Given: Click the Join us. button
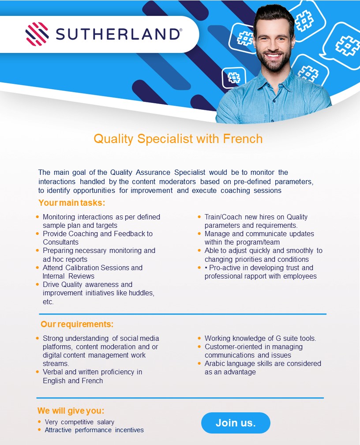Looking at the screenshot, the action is (236, 422).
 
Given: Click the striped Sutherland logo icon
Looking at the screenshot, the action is (37, 34).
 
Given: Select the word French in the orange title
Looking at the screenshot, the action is (243, 139).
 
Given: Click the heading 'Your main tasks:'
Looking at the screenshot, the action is (72, 203).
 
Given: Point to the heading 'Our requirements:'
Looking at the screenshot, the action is (77, 324).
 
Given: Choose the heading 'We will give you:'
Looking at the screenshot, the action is (71, 411).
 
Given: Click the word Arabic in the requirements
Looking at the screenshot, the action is (215, 364).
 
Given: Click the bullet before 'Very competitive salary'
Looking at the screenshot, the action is (39, 422).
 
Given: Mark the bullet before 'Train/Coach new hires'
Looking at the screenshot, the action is (199, 217).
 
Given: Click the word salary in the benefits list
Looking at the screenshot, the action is (105, 422).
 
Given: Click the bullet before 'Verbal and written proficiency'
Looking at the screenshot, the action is (37, 372).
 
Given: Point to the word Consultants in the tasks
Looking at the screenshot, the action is (61, 242).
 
